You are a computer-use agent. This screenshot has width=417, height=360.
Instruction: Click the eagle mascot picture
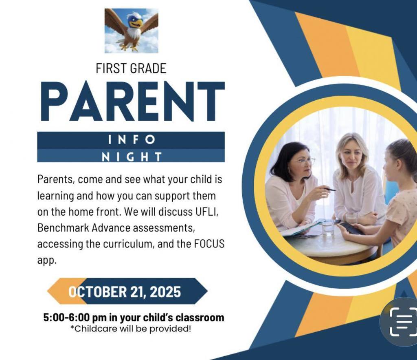tap(132, 31)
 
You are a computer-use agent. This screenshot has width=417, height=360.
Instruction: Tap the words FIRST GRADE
tap(131, 68)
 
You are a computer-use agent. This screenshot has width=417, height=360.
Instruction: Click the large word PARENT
tap(133, 101)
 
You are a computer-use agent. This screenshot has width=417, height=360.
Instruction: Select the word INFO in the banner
tap(132, 140)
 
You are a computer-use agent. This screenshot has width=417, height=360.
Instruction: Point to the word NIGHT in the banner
tap(132, 157)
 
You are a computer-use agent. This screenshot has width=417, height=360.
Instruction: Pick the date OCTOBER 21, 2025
tap(125, 292)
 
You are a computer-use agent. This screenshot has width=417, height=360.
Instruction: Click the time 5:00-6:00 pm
tap(75, 318)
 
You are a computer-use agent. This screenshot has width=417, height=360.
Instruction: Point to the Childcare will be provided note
tap(131, 329)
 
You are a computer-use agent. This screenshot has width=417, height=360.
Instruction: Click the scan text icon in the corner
tap(403, 322)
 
